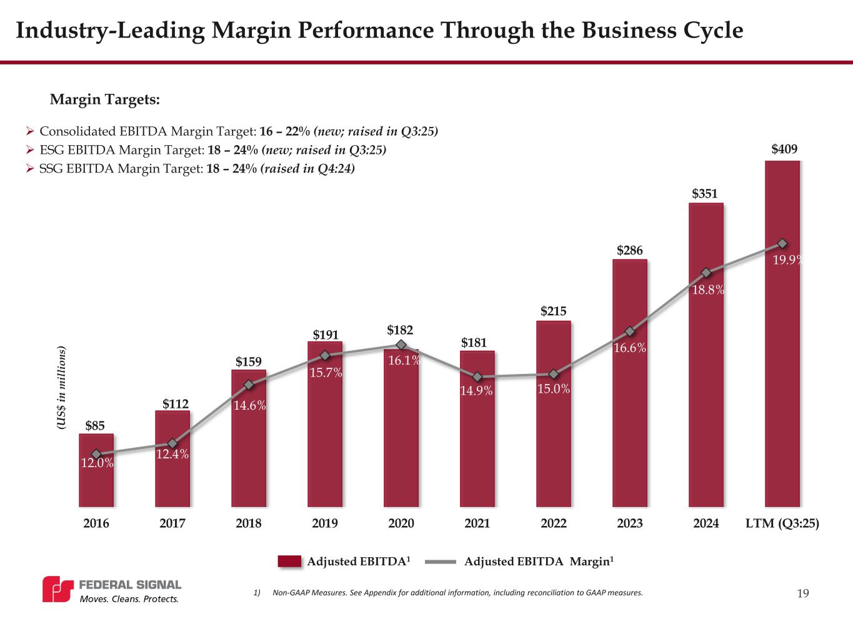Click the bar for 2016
[96, 482]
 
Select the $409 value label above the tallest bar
[784, 149]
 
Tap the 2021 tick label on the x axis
[477, 523]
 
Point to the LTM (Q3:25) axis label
[782, 523]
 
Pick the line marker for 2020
[401, 345]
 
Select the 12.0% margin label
[97, 463]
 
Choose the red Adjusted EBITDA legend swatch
[289, 562]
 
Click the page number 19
[803, 593]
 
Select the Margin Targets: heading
[105, 99]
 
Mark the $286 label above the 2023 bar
[630, 250]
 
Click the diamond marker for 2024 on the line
[706, 273]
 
